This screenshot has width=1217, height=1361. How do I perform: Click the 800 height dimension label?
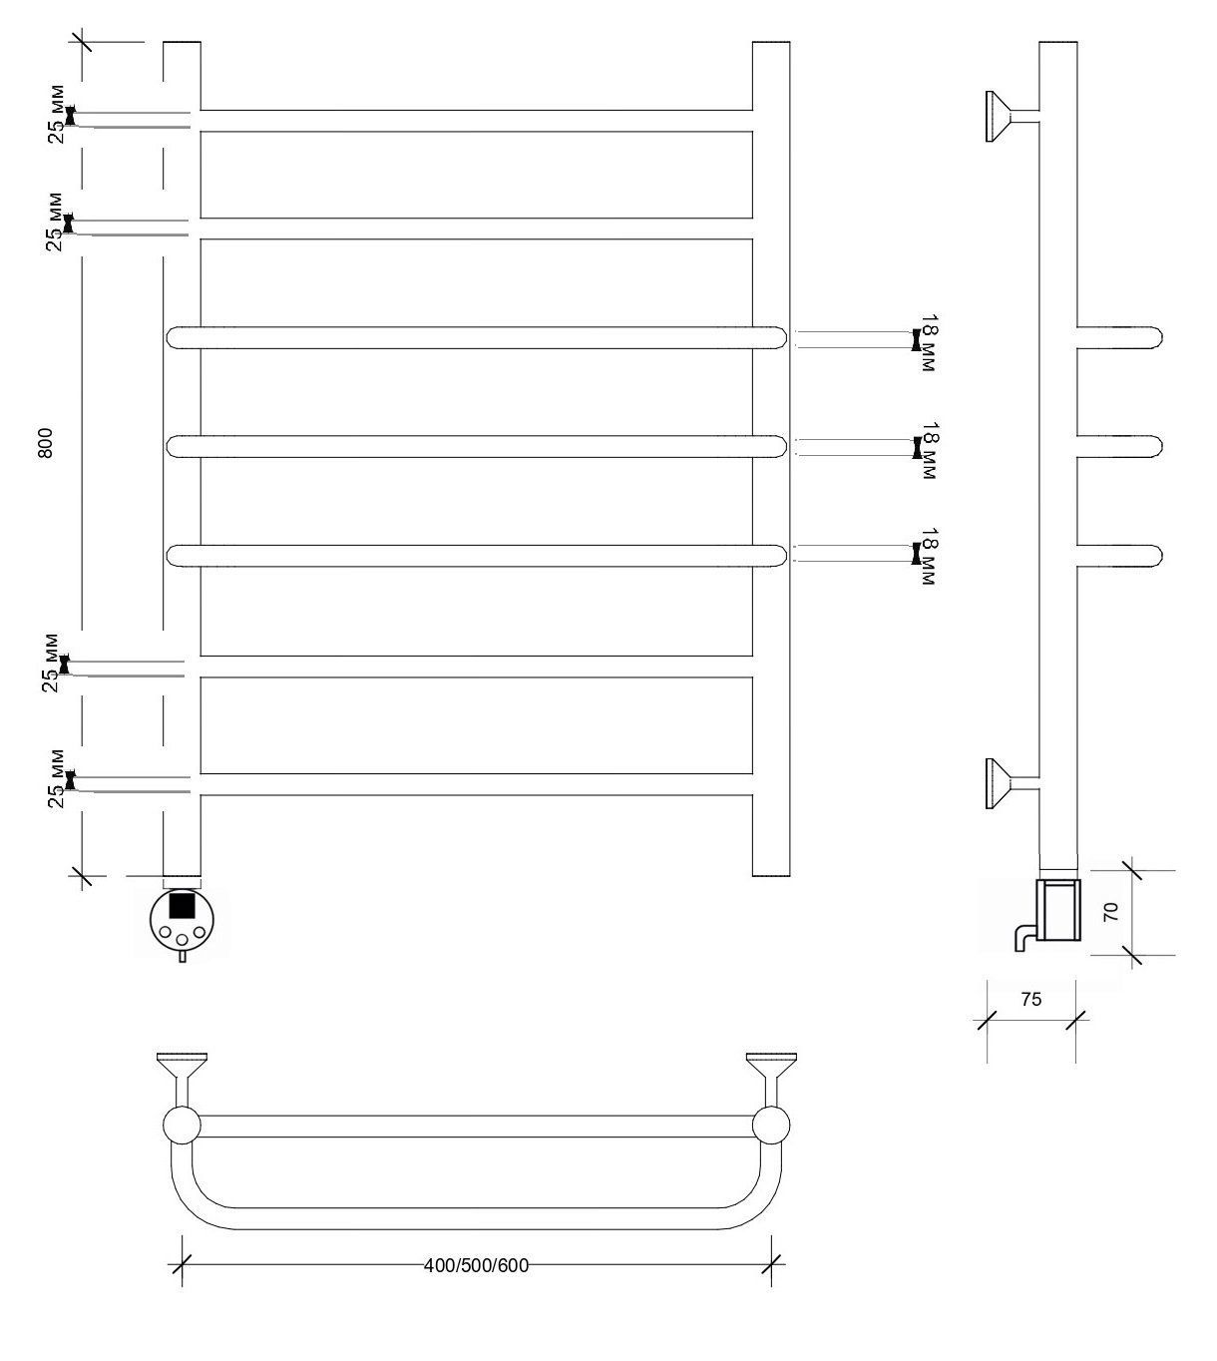[x=45, y=443]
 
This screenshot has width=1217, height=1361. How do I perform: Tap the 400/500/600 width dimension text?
[x=476, y=1265]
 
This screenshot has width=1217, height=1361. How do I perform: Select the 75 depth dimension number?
[x=1030, y=1000]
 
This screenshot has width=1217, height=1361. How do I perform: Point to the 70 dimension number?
[x=1111, y=912]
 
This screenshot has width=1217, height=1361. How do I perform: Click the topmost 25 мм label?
[x=57, y=114]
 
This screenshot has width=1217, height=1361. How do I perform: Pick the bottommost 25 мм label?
[x=57, y=779]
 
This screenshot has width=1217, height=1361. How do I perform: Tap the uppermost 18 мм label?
[x=928, y=342]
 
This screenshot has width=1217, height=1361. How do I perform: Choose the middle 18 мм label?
[x=928, y=450]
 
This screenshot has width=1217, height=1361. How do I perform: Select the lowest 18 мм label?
[x=928, y=557]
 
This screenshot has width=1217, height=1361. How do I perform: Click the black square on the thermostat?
[x=182, y=905]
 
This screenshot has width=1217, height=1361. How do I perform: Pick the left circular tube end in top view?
[x=182, y=1126]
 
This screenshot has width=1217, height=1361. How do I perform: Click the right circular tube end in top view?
[x=771, y=1126]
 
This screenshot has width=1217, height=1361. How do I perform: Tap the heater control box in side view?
[x=1058, y=909]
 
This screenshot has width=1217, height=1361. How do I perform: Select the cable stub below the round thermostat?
[x=182, y=956]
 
